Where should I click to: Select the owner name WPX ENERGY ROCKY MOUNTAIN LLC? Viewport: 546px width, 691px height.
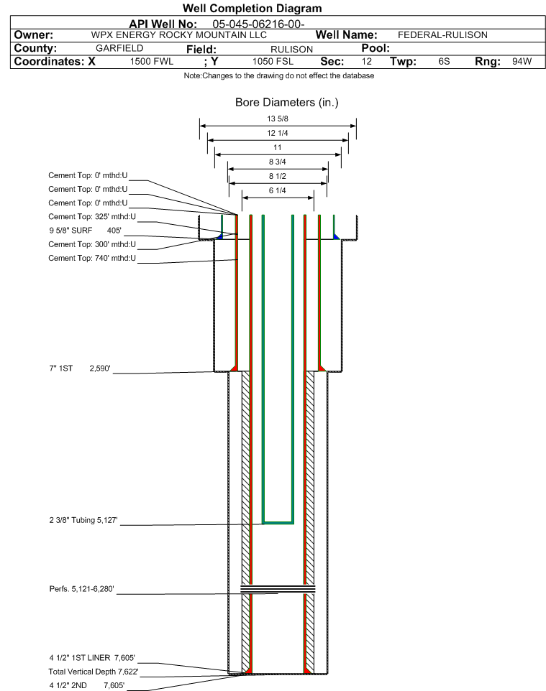point(179,34)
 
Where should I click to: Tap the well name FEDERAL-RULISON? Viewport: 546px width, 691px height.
point(442,34)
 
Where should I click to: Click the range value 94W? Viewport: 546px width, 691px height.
point(522,62)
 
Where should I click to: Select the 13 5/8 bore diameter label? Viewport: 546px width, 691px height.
point(277,119)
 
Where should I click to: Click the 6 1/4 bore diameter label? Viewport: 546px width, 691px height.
point(277,190)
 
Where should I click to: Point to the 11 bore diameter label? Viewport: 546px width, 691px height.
point(277,147)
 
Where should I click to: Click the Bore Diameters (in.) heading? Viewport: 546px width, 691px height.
point(286,102)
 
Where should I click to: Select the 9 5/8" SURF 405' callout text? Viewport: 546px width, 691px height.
point(85,231)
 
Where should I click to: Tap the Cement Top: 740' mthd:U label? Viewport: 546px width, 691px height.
point(92,258)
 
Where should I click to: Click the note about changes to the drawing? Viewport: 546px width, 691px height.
point(278,75)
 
